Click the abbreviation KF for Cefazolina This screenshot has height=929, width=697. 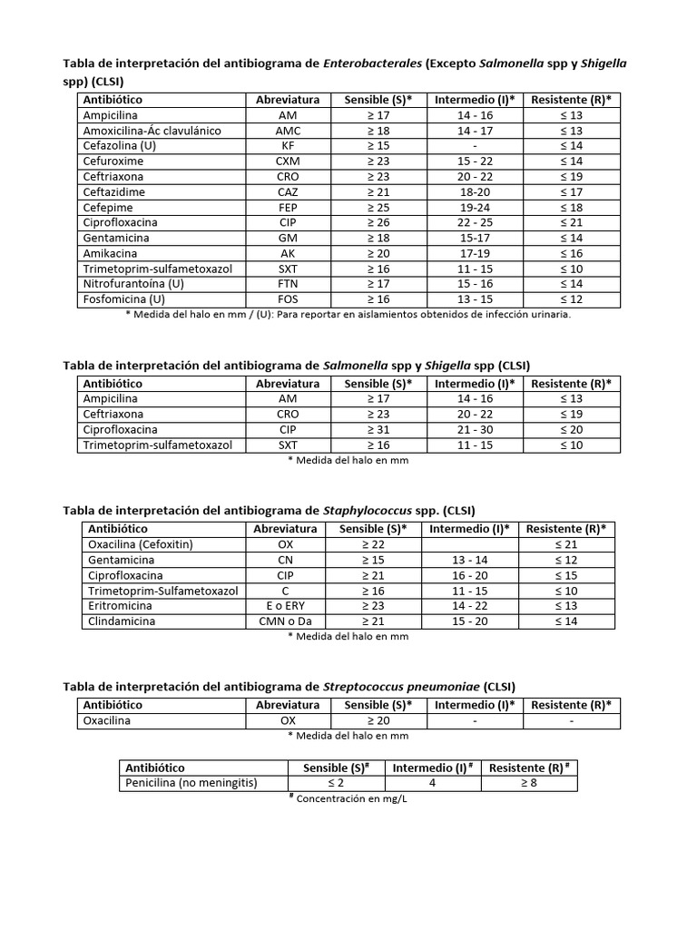point(287,146)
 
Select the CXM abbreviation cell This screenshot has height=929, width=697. point(287,161)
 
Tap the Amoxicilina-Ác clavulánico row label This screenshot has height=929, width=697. point(152,131)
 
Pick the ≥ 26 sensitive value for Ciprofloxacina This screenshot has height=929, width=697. point(378,222)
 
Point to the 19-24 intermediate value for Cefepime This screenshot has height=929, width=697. point(476,207)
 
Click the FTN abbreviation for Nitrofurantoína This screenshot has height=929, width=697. point(287,284)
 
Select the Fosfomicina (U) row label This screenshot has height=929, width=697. point(124,299)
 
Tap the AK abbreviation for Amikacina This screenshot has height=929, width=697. point(287,253)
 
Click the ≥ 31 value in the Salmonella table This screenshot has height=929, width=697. point(378,430)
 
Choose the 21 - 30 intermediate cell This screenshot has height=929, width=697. point(476,430)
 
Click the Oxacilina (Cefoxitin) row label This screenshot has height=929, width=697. point(141,544)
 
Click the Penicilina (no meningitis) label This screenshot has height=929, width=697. point(190,783)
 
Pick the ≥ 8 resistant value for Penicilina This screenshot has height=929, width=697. point(528,783)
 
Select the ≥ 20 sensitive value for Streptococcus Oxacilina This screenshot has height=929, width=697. point(378,720)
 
